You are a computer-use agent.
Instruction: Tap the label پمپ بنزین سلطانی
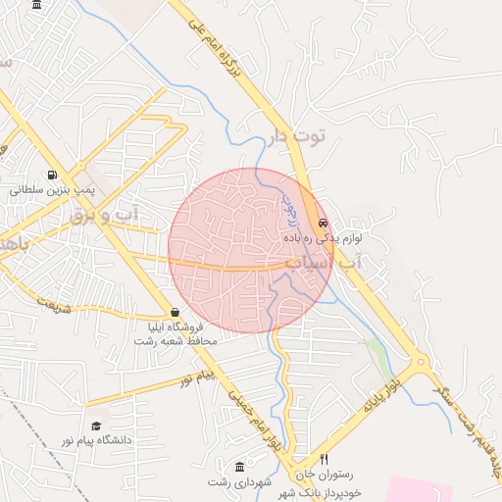point(51,188)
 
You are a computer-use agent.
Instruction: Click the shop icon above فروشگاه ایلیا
point(175,312)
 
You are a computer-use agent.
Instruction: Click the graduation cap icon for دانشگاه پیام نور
point(96,426)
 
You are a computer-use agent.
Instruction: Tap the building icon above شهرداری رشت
point(240,466)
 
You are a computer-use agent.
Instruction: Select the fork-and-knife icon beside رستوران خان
point(325,459)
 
